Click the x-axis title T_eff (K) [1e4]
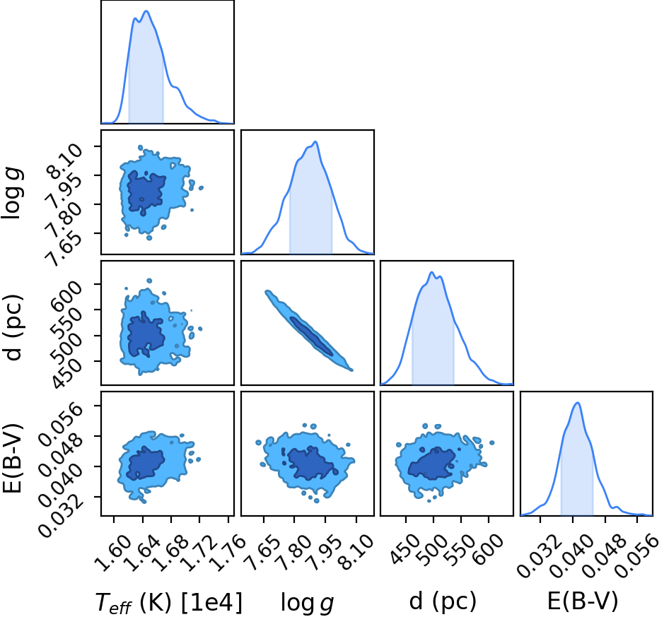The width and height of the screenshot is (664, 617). (x=169, y=602)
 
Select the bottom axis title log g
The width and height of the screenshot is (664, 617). (x=307, y=603)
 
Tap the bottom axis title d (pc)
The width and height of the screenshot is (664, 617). (x=443, y=601)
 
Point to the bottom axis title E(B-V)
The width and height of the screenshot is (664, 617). (x=583, y=601)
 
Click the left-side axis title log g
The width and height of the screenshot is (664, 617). (x=12, y=192)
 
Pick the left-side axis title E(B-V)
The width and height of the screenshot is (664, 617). (x=12, y=458)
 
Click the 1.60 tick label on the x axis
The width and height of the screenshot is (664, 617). (x=112, y=550)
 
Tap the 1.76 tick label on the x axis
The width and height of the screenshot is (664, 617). (x=227, y=550)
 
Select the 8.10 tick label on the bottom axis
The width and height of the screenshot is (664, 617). (x=356, y=550)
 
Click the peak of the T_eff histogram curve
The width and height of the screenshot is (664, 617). (x=146, y=11)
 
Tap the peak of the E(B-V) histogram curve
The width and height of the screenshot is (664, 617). (x=577, y=402)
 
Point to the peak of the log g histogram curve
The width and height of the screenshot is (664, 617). (x=315, y=141)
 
